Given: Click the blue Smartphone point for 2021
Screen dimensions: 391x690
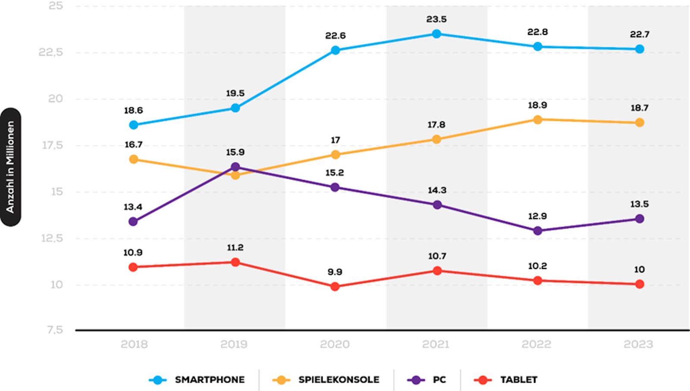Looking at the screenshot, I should [x=436, y=34].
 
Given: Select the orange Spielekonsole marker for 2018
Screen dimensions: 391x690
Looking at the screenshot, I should [x=134, y=159].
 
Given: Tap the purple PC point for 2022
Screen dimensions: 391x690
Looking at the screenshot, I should [x=537, y=231].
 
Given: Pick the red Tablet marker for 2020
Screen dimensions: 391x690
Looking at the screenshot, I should [x=335, y=286].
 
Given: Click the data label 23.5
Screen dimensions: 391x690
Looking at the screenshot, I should [x=436, y=19].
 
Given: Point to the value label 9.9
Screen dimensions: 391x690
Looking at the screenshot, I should [x=335, y=272].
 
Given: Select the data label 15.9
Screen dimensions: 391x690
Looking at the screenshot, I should [x=235, y=152].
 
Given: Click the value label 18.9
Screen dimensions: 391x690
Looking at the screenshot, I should [x=537, y=105].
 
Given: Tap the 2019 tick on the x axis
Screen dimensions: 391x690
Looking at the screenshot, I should [x=234, y=344].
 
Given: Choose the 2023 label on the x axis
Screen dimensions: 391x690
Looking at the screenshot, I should [x=638, y=344].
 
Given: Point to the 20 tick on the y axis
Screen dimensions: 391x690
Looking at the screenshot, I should [x=56, y=99].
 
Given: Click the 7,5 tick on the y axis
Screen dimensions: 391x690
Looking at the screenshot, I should [x=55, y=330].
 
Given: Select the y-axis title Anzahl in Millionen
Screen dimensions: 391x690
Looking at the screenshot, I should [x=10, y=167].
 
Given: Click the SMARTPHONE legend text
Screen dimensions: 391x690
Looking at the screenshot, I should [x=210, y=380].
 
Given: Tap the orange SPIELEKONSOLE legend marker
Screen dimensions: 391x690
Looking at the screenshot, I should [x=281, y=380].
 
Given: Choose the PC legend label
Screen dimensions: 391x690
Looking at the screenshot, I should [x=439, y=380].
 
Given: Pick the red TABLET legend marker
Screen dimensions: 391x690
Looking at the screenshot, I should [x=483, y=380].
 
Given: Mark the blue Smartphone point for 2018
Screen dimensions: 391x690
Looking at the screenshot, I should [x=134, y=125].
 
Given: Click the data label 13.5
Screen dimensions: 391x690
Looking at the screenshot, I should [x=639, y=204].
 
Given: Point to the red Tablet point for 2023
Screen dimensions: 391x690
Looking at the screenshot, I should [x=640, y=284].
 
